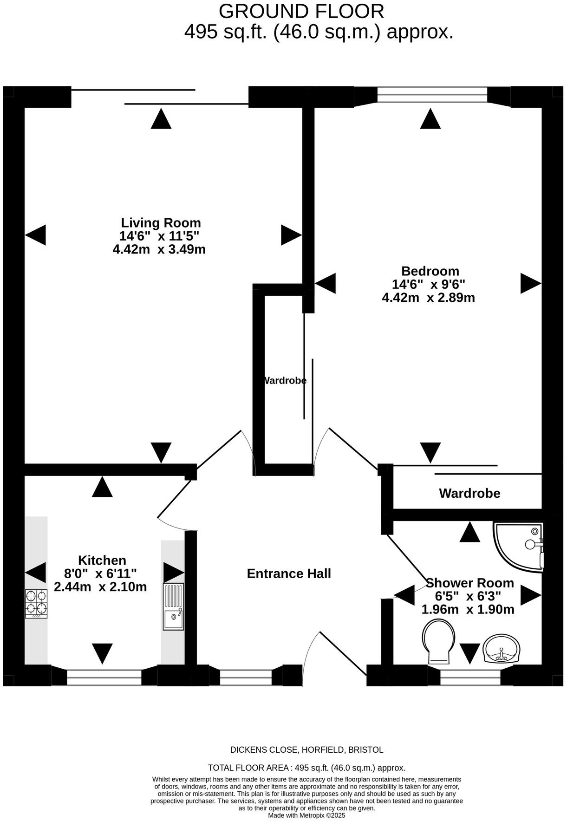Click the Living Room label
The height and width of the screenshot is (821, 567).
[161, 222]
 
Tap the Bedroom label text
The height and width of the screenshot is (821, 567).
[430, 271]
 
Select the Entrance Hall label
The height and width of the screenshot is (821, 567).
[289, 573]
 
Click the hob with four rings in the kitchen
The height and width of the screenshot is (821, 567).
[36, 603]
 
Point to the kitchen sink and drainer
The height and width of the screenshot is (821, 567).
[173, 606]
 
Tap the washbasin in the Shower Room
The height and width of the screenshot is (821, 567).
[502, 648]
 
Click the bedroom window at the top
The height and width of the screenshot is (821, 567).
[432, 95]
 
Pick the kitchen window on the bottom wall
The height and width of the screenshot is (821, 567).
[104, 678]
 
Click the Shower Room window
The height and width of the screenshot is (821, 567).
[470, 678]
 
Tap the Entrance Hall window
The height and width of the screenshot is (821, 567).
[246, 678]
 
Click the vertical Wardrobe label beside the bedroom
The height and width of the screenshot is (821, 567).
[285, 381]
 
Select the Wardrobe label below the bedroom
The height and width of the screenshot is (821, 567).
[469, 493]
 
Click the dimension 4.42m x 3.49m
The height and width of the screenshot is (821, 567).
[159, 249]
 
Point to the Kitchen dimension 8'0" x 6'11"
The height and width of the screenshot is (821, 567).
[100, 573]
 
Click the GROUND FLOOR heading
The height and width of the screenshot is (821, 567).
[301, 11]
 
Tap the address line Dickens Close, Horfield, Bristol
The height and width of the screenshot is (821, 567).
[306, 749]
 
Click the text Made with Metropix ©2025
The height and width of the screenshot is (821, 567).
[306, 815]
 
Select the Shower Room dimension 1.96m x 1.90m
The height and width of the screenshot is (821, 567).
[468, 609]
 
